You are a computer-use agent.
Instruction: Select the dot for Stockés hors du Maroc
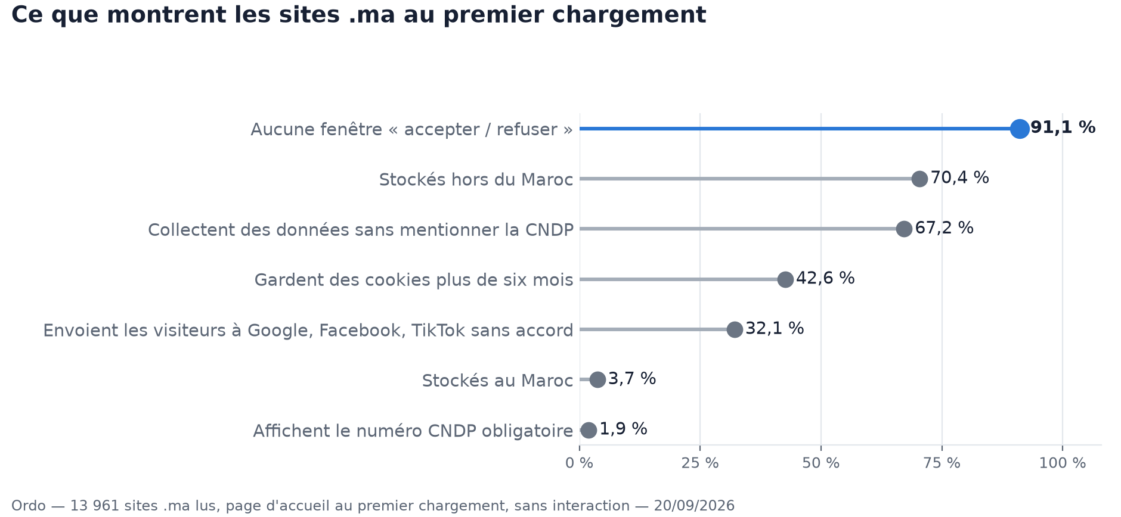click(x=919, y=179)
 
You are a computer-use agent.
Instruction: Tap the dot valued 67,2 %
click(x=904, y=229)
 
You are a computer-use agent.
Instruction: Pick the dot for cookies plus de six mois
click(x=785, y=279)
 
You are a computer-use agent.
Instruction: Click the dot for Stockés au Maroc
click(x=597, y=379)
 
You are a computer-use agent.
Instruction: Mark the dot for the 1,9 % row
click(x=589, y=430)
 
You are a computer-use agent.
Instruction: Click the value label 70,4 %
click(x=959, y=177)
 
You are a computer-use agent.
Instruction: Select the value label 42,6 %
click(x=825, y=278)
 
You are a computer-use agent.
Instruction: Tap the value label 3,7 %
click(x=632, y=378)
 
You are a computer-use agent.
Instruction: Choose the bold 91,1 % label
click(x=1063, y=127)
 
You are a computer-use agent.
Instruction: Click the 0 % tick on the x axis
click(x=579, y=463)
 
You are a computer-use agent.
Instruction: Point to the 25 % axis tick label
click(x=700, y=463)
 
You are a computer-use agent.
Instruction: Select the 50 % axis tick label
click(x=820, y=463)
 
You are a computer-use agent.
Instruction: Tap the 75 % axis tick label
click(x=942, y=463)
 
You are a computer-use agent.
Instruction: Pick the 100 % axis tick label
click(x=1063, y=463)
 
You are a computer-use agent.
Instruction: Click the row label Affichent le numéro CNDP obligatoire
click(x=413, y=431)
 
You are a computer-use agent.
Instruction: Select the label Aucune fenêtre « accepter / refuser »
click(x=412, y=129)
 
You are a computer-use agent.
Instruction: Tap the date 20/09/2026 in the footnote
click(x=694, y=506)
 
